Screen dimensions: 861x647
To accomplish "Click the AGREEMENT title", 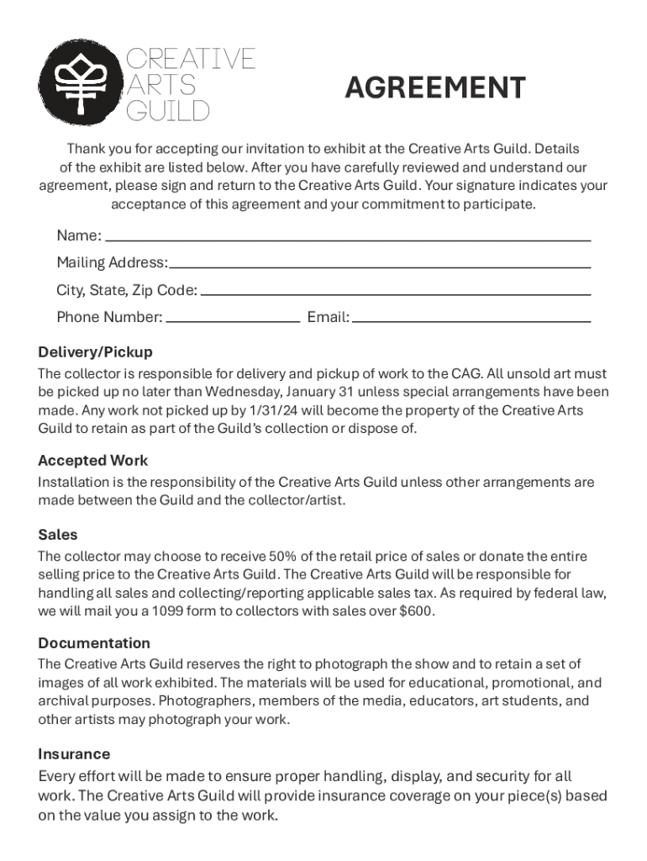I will (x=435, y=87).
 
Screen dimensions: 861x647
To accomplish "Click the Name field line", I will (x=347, y=239).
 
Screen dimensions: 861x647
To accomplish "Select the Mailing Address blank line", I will (x=380, y=266).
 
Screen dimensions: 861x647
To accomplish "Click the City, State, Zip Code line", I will (x=396, y=293).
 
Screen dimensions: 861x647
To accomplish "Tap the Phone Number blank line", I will (x=233, y=320).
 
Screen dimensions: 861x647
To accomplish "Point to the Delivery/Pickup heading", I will (x=95, y=351).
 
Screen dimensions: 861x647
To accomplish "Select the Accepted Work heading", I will (x=92, y=460).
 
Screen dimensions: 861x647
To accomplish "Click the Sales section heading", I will (x=58, y=534).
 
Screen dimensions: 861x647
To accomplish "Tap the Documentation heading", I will (x=94, y=642).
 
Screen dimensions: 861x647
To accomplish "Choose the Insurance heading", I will (x=74, y=753).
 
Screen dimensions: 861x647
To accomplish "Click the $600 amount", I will (x=418, y=611).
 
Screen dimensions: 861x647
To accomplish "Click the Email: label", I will (x=329, y=317).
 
